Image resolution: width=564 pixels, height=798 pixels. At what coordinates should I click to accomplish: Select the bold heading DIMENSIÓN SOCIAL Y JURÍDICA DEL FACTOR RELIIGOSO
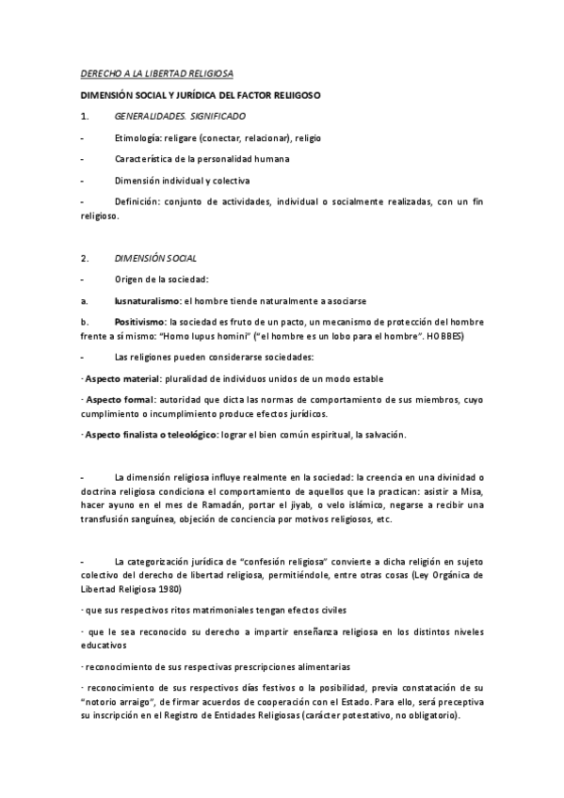(201, 95)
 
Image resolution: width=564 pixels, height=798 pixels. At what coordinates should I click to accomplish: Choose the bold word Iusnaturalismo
(147, 301)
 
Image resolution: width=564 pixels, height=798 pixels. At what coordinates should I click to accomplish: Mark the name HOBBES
(443, 336)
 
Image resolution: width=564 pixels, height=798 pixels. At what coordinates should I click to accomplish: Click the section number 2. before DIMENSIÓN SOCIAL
(86, 257)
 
